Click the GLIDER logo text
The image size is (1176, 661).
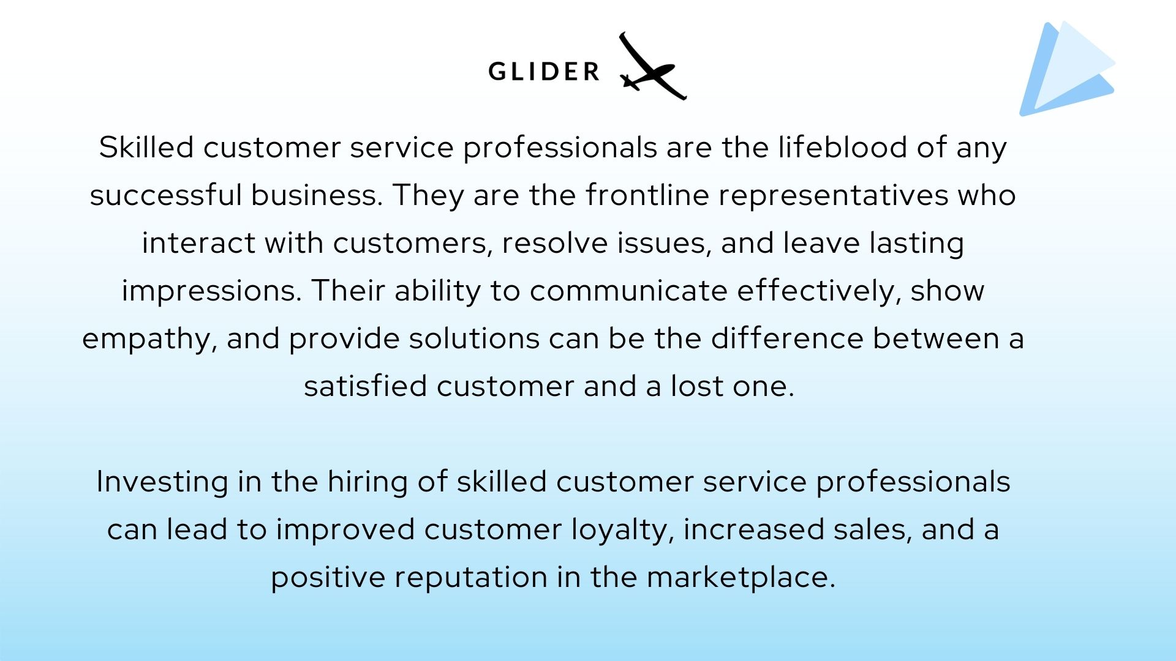click(x=544, y=72)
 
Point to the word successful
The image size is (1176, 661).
click(x=165, y=195)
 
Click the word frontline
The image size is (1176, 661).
click(x=647, y=195)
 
